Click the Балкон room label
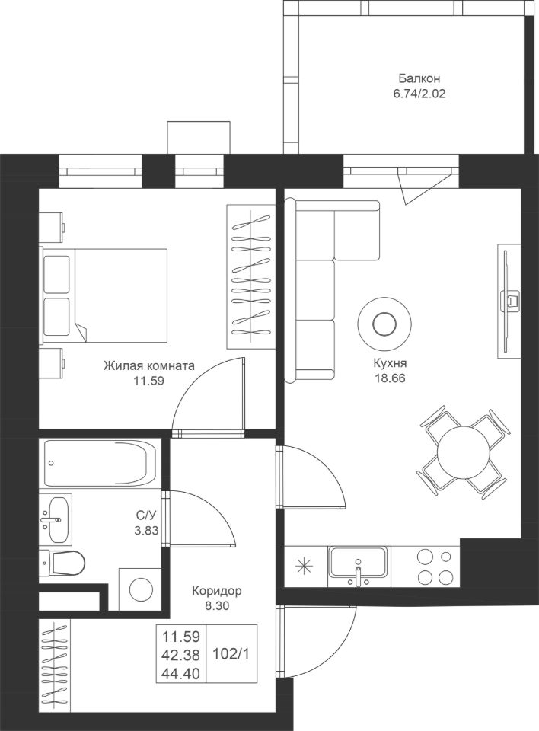tap(419, 78)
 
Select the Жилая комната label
tap(149, 365)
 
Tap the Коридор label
tap(217, 592)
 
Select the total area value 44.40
tap(181, 672)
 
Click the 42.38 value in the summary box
tap(181, 653)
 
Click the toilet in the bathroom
tap(65, 563)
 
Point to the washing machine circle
tap(141, 589)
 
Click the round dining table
tap(464, 450)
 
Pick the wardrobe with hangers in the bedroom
tap(250, 276)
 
